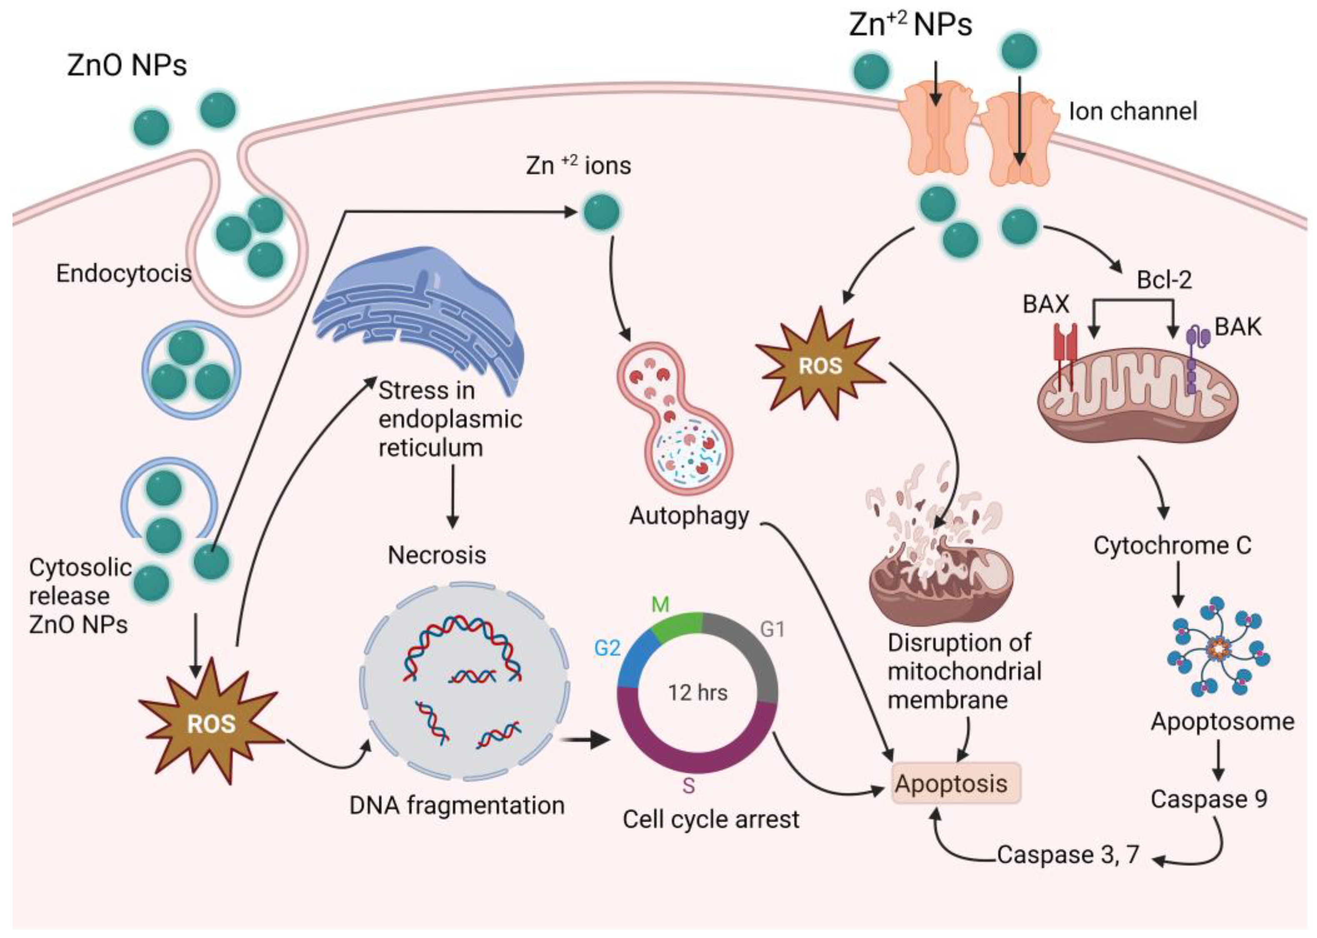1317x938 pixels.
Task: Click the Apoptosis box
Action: pos(956,783)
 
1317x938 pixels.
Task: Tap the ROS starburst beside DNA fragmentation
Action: pos(211,723)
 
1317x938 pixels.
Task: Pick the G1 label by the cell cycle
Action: pos(773,629)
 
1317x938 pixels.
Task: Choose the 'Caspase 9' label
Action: pos(1209,799)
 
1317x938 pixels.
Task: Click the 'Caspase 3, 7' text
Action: pos(1068,854)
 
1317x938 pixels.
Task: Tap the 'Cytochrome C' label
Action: pos(1172,545)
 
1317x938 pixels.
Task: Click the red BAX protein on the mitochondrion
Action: pos(1065,352)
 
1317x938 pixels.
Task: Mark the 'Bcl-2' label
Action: pos(1164,279)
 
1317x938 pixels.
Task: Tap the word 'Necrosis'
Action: pos(437,555)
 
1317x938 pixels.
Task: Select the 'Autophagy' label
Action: pos(689,516)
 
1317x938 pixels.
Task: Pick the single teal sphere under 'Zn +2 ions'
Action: pos(602,212)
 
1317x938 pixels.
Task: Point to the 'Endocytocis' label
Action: pos(124,273)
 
